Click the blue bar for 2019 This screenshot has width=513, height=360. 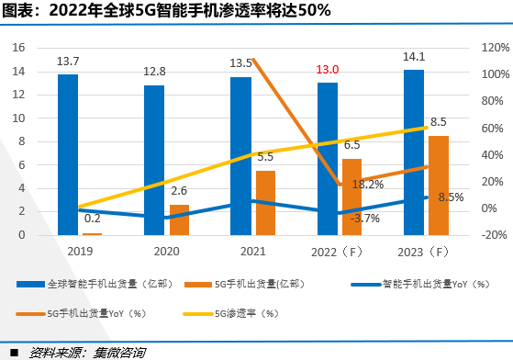[x=68, y=155]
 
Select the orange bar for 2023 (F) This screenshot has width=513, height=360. [x=439, y=186]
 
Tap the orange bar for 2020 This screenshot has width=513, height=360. [x=179, y=219]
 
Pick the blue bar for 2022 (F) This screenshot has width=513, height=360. [x=328, y=159]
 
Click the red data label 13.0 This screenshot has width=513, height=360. [x=328, y=70]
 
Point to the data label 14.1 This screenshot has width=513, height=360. [x=414, y=57]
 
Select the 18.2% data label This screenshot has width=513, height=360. [x=368, y=185]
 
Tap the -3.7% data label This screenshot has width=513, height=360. [x=365, y=219]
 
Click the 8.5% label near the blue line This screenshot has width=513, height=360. [x=451, y=197]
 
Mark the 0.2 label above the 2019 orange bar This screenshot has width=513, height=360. [x=93, y=219]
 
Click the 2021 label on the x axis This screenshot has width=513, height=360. [x=253, y=252]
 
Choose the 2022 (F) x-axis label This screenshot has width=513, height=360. [x=337, y=252]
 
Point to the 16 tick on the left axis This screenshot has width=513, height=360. [x=18, y=48]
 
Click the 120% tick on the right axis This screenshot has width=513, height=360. [x=496, y=48]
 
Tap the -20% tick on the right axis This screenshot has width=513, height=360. [x=494, y=235]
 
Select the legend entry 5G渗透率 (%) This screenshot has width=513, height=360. [x=231, y=314]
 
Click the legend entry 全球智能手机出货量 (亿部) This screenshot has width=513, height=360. [x=95, y=284]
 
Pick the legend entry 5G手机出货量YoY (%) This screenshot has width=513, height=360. [x=81, y=314]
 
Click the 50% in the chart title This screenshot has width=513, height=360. [x=314, y=10]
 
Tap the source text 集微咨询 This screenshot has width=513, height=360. [x=119, y=353]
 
